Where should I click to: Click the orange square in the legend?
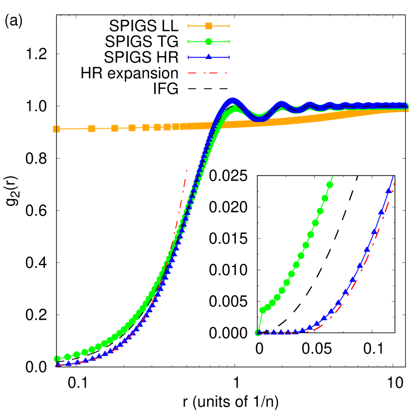tap(208, 26)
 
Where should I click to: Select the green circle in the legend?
tap(208, 41)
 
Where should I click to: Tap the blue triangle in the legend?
tap(208, 57)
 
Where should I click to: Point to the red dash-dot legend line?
tap(207, 73)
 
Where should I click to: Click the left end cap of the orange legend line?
tap(189, 26)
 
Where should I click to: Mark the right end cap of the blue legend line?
tap(229, 57)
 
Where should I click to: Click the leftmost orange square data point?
tap(56, 129)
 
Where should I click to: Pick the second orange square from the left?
tap(92, 129)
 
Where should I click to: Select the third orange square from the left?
tap(115, 128)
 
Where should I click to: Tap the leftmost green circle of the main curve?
tap(57, 359)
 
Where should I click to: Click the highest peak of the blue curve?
tap(232, 100)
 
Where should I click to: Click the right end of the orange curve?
tap(407, 109)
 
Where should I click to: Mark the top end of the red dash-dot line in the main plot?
tap(187, 171)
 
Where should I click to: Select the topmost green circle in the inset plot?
tap(329, 185)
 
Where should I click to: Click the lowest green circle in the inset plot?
tap(258, 333)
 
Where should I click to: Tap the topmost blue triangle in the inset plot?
tap(388, 190)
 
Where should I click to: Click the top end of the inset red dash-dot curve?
tap(395, 183)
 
